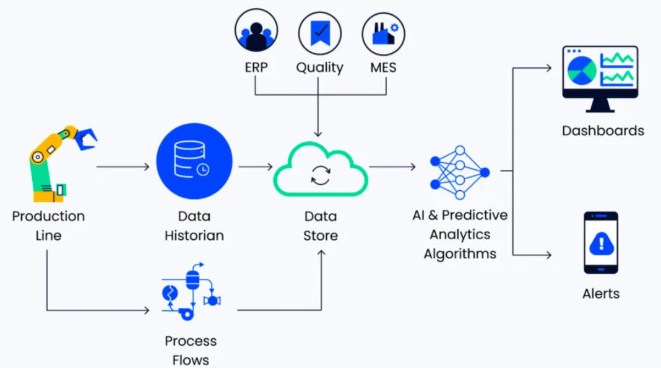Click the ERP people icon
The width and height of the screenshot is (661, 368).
256,30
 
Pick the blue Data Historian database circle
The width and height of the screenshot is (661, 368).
194,161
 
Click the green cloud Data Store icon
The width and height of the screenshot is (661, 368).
321,169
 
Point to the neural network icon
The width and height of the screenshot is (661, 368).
459,172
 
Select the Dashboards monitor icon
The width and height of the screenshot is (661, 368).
600,77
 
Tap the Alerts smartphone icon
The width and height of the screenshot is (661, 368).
601,243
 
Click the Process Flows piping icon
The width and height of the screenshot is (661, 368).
191,292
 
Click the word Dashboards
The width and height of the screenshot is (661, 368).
603,131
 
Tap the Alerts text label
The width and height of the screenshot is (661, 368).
600,294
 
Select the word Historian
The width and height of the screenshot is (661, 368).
194,235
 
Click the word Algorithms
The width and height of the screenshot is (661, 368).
460,253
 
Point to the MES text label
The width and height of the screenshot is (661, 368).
383,67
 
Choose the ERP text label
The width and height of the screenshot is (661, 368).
256,67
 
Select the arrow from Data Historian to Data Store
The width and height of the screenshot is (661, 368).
255,167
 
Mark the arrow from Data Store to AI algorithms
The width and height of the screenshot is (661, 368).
392,167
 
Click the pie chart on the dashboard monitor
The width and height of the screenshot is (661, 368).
582,70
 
